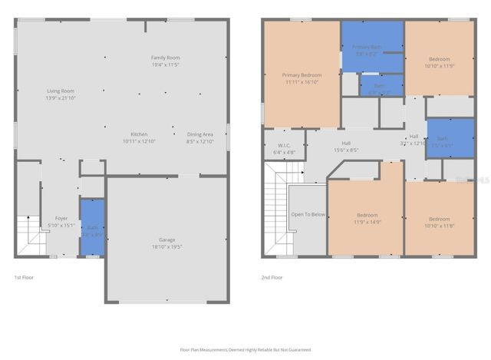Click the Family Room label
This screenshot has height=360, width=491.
pos(165,58)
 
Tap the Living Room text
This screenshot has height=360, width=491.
pos(61,91)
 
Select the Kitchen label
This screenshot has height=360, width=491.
pos(139,134)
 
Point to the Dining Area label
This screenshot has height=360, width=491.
pos(199,134)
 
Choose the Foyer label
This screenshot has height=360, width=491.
pos(61,219)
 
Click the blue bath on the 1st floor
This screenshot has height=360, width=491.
pos(92,228)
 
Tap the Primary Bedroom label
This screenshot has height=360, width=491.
pos(302,74)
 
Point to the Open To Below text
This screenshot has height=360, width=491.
pos(308,215)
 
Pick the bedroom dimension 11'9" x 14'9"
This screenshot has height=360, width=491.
pos(367,222)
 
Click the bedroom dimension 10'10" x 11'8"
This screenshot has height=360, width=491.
pos(439,225)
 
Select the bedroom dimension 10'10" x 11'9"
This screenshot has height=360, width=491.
pos(439,66)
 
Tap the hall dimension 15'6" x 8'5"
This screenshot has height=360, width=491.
pos(346,150)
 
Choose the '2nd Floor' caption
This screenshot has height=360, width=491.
pos(272,277)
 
